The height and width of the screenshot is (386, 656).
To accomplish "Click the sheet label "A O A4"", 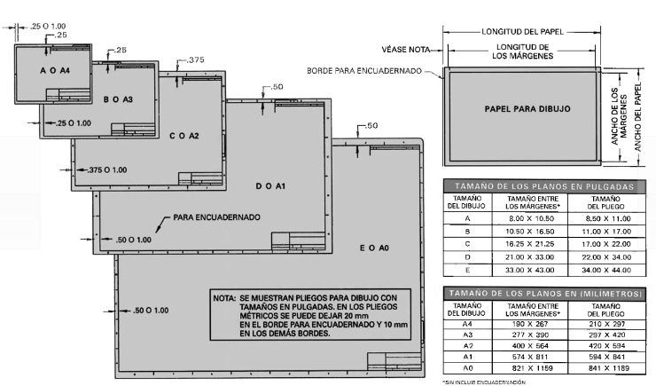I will coord(55,69).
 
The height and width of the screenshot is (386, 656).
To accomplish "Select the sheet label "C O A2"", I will coord(184,136).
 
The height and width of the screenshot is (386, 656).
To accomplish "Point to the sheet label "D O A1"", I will coord(269,186).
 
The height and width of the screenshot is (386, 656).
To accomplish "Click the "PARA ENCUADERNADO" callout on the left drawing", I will coord(216,216).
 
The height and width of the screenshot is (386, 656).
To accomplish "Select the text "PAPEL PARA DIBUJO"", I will coord(527,108).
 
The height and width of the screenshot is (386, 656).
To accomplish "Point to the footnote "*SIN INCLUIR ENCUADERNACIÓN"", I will coord(478,381).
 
